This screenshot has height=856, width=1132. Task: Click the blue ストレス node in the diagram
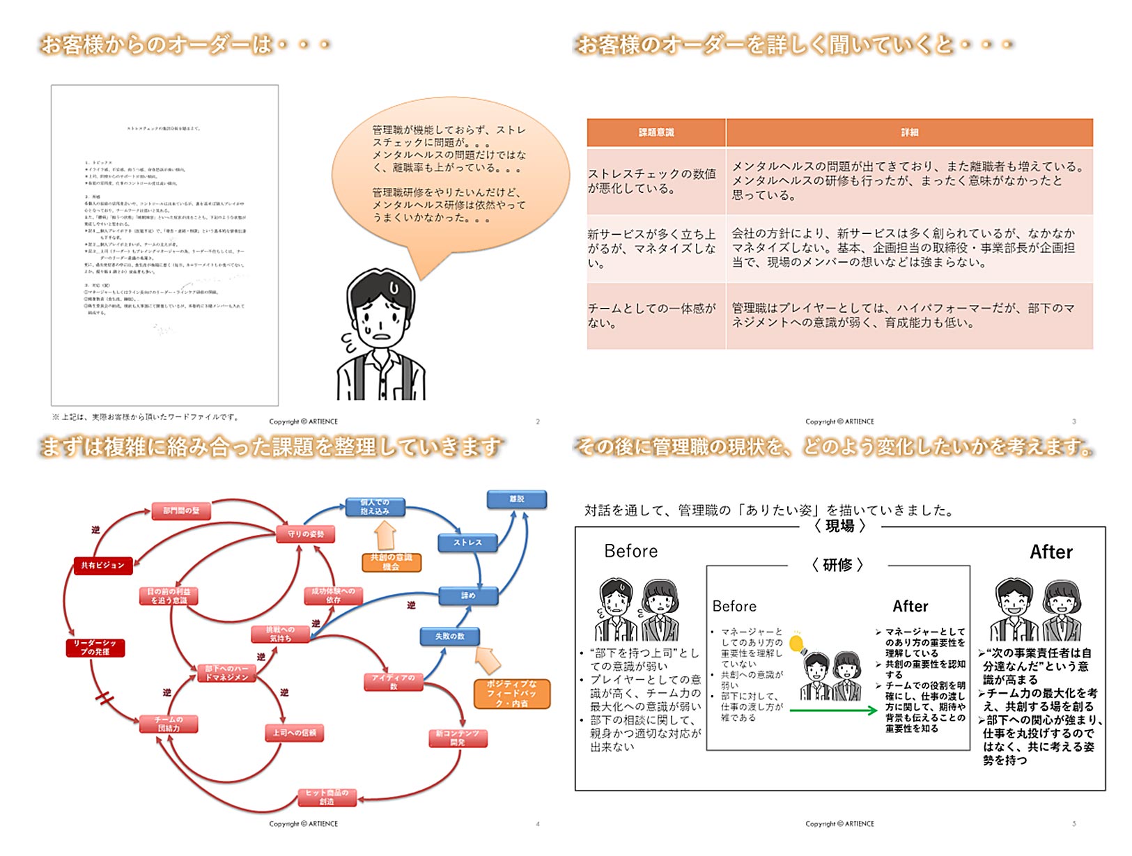pyautogui.click(x=467, y=543)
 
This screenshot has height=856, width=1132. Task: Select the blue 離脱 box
pyautogui.click(x=516, y=499)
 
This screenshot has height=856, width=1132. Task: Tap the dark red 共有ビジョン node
pyautogui.click(x=102, y=566)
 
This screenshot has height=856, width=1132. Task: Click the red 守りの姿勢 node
pyautogui.click(x=307, y=534)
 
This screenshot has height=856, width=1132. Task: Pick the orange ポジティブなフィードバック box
pyautogui.click(x=511, y=694)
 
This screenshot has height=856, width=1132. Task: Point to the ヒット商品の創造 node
pyautogui.click(x=327, y=797)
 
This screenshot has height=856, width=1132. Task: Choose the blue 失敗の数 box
pyautogui.click(x=450, y=636)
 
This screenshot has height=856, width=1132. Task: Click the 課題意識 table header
pyautogui.click(x=656, y=132)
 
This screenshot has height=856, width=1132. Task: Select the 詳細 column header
pyautogui.click(x=909, y=132)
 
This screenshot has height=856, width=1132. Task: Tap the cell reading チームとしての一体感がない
pyautogui.click(x=655, y=316)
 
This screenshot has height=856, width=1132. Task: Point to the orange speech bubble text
pyautogui.click(x=449, y=173)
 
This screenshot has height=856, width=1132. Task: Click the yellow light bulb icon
pyautogui.click(x=796, y=644)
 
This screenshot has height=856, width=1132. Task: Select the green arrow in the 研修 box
pyautogui.click(x=832, y=710)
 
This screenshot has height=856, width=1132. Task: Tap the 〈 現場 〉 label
pyautogui.click(x=839, y=527)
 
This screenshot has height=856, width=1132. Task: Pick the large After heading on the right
pyautogui.click(x=1050, y=552)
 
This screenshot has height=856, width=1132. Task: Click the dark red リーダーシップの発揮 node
pyautogui.click(x=95, y=648)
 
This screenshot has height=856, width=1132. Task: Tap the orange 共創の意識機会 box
pyautogui.click(x=391, y=562)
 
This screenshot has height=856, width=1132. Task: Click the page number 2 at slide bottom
pyautogui.click(x=538, y=421)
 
